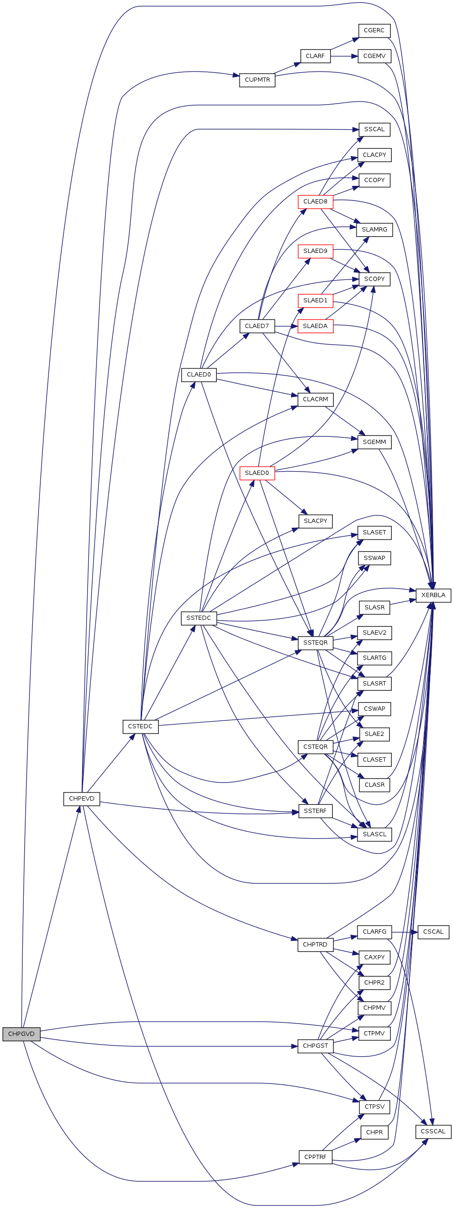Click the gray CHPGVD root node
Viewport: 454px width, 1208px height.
point(21,1034)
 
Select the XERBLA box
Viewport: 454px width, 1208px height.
point(433,595)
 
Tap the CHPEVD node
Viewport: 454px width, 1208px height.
point(82,799)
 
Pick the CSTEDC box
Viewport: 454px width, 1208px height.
point(140,726)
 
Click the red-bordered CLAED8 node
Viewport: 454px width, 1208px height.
point(315,202)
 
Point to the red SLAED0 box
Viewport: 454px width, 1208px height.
point(257,473)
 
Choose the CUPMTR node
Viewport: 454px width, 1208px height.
point(257,80)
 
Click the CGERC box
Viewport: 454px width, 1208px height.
point(374,31)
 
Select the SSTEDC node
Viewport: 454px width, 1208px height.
point(199,618)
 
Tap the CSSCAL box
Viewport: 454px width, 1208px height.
point(433,1131)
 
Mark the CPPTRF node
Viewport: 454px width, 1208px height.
point(315,1157)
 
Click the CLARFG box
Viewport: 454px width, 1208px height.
point(374,932)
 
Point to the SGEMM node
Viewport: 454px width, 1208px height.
point(374,442)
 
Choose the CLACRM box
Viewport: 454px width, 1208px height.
point(315,399)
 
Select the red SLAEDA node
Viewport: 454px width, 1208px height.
point(315,326)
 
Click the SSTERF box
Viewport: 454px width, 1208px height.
point(315,811)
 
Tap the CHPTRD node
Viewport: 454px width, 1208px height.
point(315,944)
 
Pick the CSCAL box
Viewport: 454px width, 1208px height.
point(433,932)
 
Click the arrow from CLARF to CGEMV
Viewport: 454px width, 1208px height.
point(344,56)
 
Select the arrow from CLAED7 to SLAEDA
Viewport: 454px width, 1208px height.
point(286,326)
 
